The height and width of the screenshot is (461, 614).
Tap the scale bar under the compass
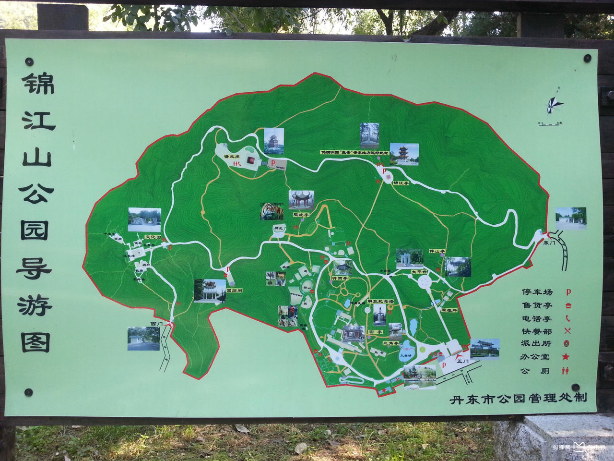(x=550, y=124)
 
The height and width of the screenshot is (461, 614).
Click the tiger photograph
(x=272, y=211)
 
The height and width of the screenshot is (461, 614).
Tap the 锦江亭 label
(x=401, y=182)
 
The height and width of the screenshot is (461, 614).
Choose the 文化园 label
(x=153, y=237)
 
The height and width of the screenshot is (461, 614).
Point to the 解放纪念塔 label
(x=380, y=301)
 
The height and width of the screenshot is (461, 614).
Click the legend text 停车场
(x=537, y=292)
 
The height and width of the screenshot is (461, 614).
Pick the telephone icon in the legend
(x=567, y=318)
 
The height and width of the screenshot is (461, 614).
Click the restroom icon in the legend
(x=567, y=370)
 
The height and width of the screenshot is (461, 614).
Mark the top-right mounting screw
(x=587, y=58)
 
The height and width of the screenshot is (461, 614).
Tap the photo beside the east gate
(x=571, y=218)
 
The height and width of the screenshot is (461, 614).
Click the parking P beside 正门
(x=444, y=365)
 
